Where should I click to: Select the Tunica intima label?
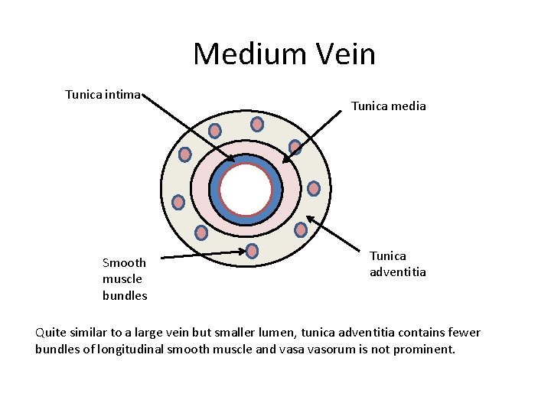(x=103, y=95)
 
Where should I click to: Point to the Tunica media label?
(x=388, y=106)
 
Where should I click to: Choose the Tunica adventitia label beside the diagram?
(x=398, y=264)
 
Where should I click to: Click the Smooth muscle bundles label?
(x=125, y=279)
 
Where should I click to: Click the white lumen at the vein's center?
(x=246, y=190)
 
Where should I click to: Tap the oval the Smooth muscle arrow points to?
(x=252, y=251)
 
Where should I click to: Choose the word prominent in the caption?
(x=425, y=350)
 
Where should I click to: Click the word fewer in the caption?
(x=464, y=333)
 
